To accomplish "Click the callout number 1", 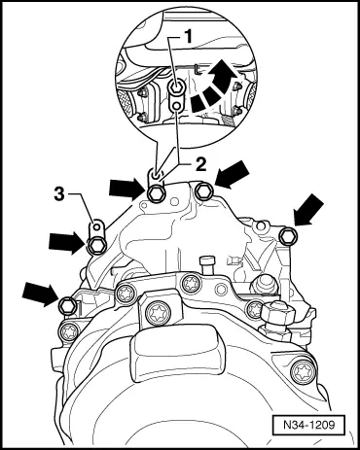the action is [x=188, y=37].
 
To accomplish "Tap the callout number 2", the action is [x=200, y=165].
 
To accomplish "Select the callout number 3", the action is [x=59, y=194].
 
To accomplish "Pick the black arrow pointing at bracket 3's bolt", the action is [x=64, y=242].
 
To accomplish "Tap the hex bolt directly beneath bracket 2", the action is [x=156, y=194].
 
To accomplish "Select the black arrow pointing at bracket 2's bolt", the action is [x=126, y=189].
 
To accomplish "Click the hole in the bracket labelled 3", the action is [x=96, y=225].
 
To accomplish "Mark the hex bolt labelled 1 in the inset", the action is [x=176, y=87].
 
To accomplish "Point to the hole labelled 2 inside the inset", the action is [x=176, y=105].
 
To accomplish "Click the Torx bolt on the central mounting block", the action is [x=157, y=313].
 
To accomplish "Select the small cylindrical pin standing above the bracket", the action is [x=207, y=266].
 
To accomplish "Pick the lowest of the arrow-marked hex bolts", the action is [x=68, y=305].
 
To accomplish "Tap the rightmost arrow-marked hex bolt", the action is [x=288, y=235].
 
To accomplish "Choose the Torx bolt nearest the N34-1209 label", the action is [x=303, y=371].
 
